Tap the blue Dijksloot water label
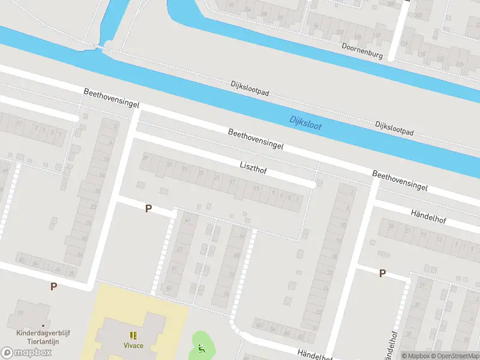(305, 122)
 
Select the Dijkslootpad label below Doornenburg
(394, 128)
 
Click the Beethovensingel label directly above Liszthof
(255, 139)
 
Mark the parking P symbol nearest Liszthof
(149, 209)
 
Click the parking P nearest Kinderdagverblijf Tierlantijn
(53, 287)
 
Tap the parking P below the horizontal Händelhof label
(382, 274)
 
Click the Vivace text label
(133, 346)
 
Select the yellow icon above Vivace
(133, 335)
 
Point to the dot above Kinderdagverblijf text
(43, 326)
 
